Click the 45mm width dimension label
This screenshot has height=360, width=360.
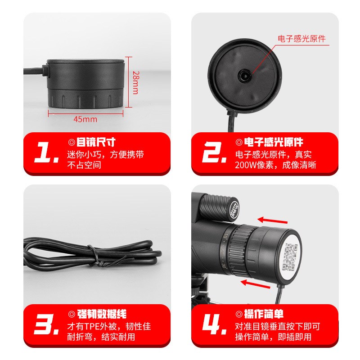[85, 119]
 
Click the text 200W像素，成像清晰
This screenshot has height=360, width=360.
[276, 165]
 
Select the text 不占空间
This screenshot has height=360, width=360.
[84, 165]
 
